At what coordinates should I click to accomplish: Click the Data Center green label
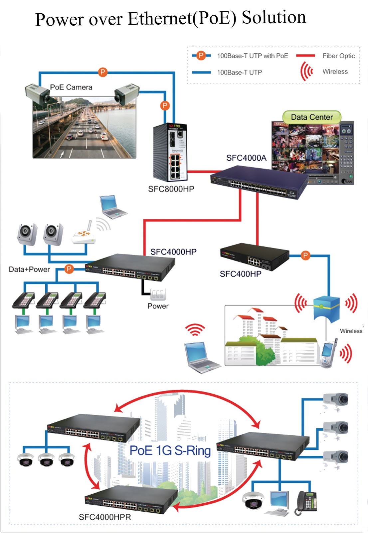click(x=312, y=117)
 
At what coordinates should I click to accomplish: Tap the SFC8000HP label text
click(x=171, y=189)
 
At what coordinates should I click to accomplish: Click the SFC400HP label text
click(x=241, y=274)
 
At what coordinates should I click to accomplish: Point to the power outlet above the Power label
click(x=158, y=294)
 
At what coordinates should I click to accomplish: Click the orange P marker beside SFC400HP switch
click(x=305, y=256)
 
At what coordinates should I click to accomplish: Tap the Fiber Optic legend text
click(x=338, y=56)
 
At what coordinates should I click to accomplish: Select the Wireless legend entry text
click(x=335, y=72)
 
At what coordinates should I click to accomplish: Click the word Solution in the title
click(x=274, y=17)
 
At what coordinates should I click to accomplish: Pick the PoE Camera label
click(x=71, y=87)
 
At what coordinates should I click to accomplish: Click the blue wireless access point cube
click(x=326, y=308)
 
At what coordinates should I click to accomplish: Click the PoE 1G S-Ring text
click(x=170, y=450)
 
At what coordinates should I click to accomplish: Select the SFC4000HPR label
click(x=105, y=517)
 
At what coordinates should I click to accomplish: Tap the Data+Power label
click(x=29, y=269)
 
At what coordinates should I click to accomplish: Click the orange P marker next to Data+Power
click(x=69, y=269)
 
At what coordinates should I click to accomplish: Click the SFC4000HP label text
click(x=173, y=252)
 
